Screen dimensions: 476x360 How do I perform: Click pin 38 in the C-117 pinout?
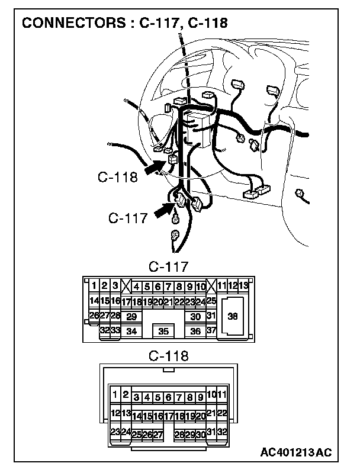pyautogui.click(x=233, y=317)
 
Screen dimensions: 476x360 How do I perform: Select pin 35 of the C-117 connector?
pyautogui.click(x=164, y=332)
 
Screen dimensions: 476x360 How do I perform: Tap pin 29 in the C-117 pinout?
pyautogui.click(x=131, y=317)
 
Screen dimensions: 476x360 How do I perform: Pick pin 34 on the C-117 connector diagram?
pyautogui.click(x=131, y=332)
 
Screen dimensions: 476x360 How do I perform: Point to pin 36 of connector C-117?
pyautogui.click(x=195, y=332)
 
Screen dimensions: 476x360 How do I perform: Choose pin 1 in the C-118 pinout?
pyautogui.click(x=115, y=394)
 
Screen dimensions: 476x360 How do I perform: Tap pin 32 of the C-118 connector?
pyautogui.click(x=221, y=432)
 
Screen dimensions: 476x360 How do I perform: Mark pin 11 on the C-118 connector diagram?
pyautogui.click(x=221, y=394)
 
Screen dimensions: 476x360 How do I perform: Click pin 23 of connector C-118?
pyautogui.click(x=115, y=432)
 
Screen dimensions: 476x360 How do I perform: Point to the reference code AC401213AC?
pyautogui.click(x=295, y=453)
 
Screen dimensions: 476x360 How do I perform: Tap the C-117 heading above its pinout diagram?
pyautogui.click(x=168, y=266)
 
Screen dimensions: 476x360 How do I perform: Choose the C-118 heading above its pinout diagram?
pyautogui.click(x=168, y=356)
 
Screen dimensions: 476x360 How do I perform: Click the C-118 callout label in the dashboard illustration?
pyautogui.click(x=118, y=176)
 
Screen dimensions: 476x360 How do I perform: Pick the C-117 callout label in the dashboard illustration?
pyautogui.click(x=128, y=218)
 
